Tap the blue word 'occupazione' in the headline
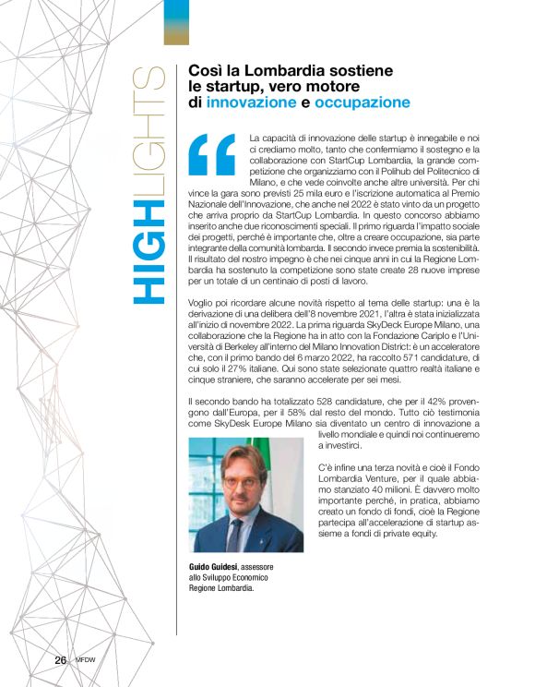pyautogui.click(x=361, y=102)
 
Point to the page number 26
pyautogui.click(x=60, y=660)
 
